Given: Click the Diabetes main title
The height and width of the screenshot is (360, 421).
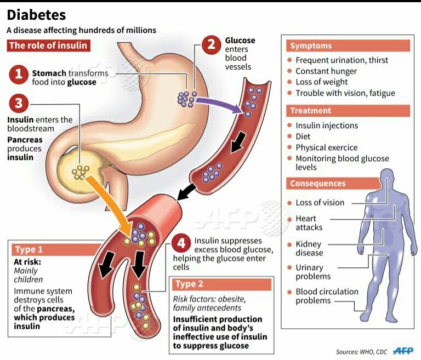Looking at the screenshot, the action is click(36, 15).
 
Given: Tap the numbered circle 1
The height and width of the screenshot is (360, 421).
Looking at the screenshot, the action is click(19, 75).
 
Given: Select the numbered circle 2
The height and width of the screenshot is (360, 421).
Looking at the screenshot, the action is click(212, 44).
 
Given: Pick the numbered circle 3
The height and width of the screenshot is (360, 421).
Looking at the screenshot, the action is click(19, 103).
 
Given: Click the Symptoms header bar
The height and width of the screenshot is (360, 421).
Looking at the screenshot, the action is click(348, 46).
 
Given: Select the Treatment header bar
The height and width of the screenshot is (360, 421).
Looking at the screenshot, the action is click(348, 111).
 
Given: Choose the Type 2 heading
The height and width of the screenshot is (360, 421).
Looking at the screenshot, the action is click(190, 284).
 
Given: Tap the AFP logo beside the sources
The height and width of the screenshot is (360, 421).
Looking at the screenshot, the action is click(404, 351).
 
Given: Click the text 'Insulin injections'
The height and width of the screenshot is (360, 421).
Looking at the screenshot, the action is click(327, 125).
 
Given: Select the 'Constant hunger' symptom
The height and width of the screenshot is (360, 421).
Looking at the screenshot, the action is click(326, 71).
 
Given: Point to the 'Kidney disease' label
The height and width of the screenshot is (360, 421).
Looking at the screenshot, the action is click(309, 248).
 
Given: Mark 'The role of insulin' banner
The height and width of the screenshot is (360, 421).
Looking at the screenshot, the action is click(48, 45).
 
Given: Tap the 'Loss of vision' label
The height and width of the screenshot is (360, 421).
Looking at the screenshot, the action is click(320, 203).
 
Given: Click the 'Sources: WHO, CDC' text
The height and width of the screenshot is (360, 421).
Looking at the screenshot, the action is click(362, 351).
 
